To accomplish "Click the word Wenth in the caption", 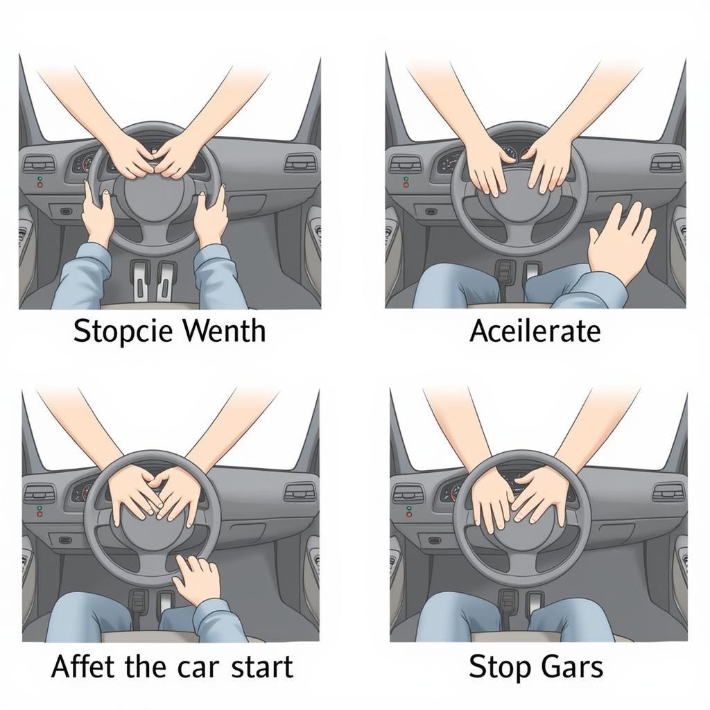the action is (225, 330).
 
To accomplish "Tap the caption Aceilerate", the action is (535, 331).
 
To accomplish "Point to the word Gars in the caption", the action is (572, 666).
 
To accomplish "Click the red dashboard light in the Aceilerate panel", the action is (406, 185).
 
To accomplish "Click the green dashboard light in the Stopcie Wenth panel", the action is (40, 179).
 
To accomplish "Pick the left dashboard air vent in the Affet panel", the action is (40, 493).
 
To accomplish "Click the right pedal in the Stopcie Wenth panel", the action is (165, 282).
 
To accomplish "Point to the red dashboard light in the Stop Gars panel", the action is (410, 515).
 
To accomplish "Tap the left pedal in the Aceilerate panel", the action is (503, 273).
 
